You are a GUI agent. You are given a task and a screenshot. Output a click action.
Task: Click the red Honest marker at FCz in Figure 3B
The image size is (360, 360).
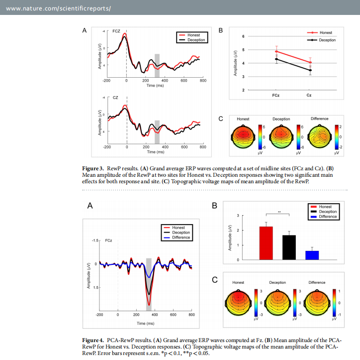276,51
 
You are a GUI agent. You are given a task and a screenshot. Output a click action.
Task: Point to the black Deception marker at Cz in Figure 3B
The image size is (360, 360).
309,70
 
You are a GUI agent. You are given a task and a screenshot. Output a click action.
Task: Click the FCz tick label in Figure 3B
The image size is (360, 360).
276,95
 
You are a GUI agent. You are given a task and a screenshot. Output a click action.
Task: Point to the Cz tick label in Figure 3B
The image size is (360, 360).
309,95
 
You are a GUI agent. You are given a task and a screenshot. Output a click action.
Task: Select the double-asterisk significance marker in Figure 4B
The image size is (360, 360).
279,212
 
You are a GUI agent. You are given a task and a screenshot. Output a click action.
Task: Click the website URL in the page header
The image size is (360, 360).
58,9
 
